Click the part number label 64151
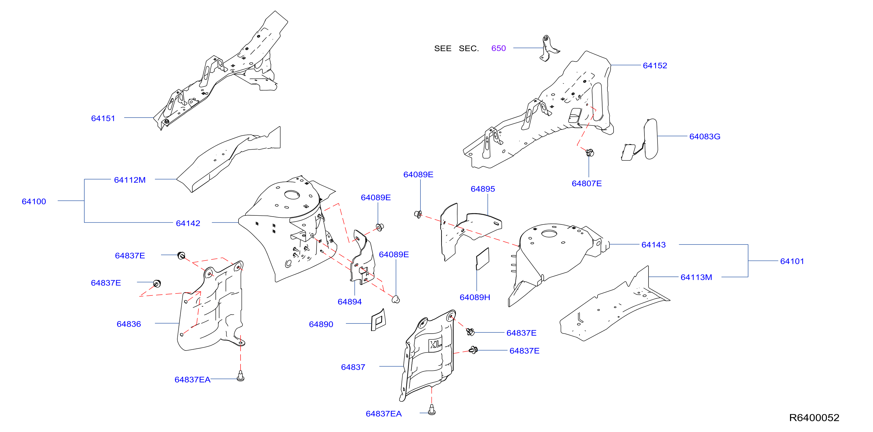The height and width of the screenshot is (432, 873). tap(103, 118)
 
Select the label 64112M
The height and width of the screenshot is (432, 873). tap(130, 180)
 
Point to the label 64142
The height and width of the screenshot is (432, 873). tap(188, 223)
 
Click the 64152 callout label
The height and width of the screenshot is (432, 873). tap(655, 65)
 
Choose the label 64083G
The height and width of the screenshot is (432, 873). tap(705, 137)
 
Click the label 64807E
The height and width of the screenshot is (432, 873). tap(587, 183)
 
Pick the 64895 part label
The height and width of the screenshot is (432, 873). tap(483, 189)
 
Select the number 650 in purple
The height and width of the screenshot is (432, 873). tap(499, 48)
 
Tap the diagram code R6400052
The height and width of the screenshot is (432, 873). tap(814, 417)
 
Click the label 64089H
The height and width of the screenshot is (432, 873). tap(475, 297)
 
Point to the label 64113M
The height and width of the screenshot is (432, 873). tap(696, 277)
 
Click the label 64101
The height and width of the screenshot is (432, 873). tap(792, 261)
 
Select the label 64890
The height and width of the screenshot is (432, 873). tap(321, 324)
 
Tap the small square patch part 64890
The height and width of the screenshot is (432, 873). tap(378, 320)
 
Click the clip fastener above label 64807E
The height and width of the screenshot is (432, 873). tap(590, 153)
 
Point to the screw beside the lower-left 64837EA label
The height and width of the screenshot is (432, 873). tap(240, 376)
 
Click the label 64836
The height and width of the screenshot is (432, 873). tap(129, 324)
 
